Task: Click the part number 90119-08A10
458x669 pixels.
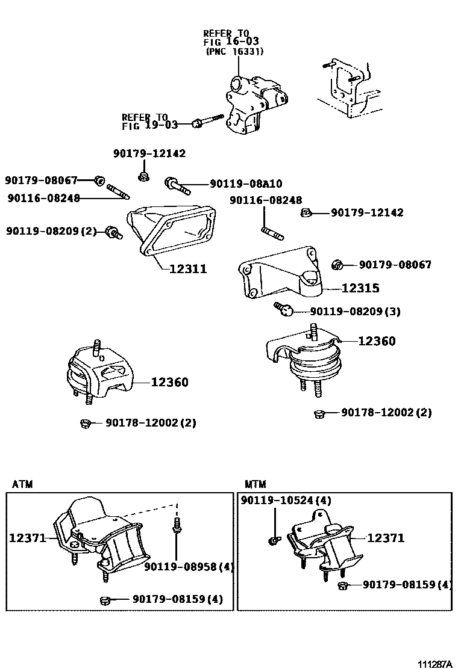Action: click(x=246, y=183)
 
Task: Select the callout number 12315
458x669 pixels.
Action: click(x=360, y=289)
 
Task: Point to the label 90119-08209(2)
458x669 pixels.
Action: click(x=51, y=230)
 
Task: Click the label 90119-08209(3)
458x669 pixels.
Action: click(x=355, y=312)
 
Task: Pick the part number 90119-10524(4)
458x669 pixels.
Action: click(x=286, y=500)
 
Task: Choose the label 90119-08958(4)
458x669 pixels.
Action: click(x=189, y=566)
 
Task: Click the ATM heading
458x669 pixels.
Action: click(x=22, y=484)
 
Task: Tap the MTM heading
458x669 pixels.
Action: click(x=256, y=484)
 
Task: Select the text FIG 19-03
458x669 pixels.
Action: click(x=149, y=126)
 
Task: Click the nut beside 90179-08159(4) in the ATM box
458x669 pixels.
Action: click(x=104, y=599)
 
